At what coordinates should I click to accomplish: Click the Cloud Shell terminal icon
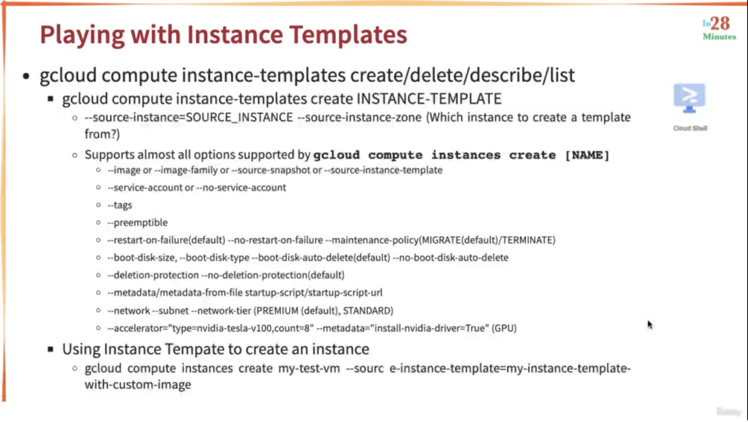coord(689,98)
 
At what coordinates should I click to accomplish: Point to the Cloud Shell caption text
coord(690,128)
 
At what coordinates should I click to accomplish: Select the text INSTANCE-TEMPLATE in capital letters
coord(429,98)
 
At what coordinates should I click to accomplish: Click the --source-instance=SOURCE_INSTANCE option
coord(189,117)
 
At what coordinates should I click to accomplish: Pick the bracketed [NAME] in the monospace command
coord(587,155)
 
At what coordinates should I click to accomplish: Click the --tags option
coord(120,205)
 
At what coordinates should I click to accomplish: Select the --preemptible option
coord(138,222)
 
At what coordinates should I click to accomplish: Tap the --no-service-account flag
coord(241,187)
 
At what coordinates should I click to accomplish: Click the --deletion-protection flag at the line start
coord(153,275)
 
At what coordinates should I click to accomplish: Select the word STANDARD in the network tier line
coord(368,311)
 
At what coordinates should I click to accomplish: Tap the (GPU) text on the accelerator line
coord(504,328)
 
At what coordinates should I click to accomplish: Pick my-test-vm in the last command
coord(309,368)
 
